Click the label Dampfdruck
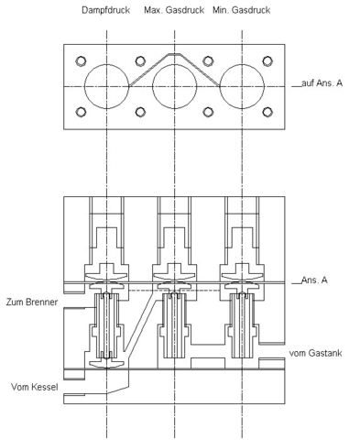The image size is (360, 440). [105, 10]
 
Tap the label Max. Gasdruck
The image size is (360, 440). [174, 10]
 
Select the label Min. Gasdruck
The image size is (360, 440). [242, 10]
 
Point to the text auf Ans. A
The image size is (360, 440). [322, 82]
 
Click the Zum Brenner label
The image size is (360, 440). [32, 302]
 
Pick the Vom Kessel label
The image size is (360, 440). [35, 387]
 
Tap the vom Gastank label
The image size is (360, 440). [315, 353]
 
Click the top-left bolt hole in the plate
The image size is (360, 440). [81, 61]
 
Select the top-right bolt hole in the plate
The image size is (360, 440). [267, 61]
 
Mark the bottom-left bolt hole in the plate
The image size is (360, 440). [81, 112]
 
